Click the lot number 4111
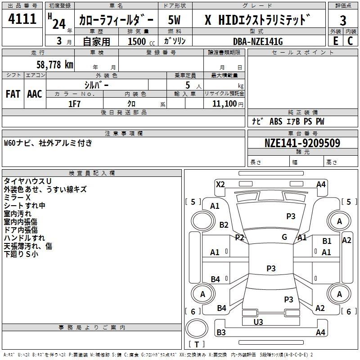(22, 19)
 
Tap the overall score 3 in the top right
(343, 20)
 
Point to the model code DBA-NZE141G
(258, 41)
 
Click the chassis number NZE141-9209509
(302, 143)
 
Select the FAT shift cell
(13, 94)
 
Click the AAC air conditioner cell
(35, 94)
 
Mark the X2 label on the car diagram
(220, 184)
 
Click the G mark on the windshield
(284, 237)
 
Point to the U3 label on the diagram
(258, 322)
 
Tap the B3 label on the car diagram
(221, 333)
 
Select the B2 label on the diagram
(224, 225)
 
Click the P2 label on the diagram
(239, 238)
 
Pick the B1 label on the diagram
(327, 242)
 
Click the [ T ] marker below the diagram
(196, 344)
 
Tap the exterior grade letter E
(335, 41)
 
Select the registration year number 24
(59, 23)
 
